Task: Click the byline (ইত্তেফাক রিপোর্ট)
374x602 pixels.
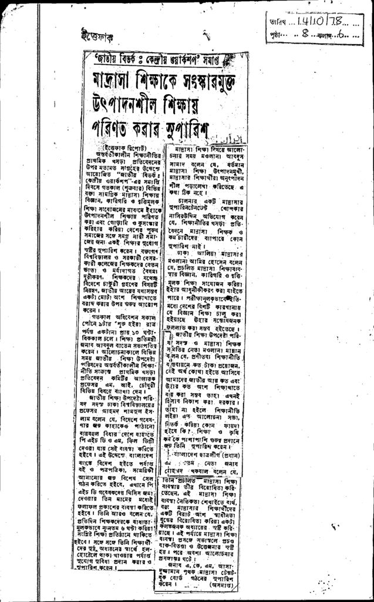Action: [x=126, y=146]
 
